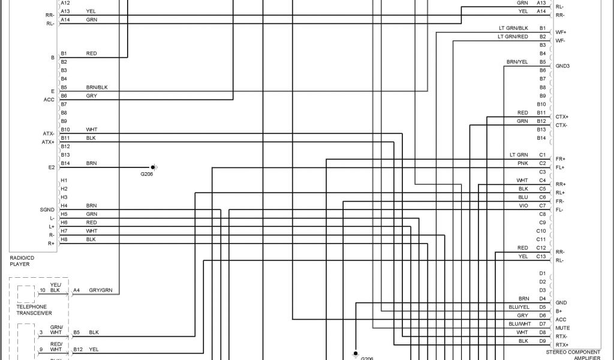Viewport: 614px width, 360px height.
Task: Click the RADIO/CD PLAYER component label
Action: [x=23, y=261]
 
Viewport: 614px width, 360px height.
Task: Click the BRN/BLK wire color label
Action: [x=97, y=88]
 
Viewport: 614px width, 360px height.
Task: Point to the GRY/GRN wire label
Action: [x=100, y=291]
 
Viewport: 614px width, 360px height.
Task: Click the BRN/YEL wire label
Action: [x=517, y=62]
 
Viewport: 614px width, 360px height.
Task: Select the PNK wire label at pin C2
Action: [x=523, y=163]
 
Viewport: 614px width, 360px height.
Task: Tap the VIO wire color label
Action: [x=523, y=205]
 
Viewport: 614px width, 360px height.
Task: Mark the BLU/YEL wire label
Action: [x=519, y=307]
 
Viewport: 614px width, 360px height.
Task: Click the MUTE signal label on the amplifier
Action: [x=562, y=328]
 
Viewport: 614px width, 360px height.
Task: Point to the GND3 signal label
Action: [x=562, y=65]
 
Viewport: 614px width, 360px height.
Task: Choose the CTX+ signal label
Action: [x=562, y=116]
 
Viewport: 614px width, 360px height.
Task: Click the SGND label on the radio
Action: [x=47, y=209]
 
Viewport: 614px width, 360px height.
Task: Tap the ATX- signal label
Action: [x=48, y=133]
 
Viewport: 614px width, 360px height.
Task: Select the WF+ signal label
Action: [x=561, y=32]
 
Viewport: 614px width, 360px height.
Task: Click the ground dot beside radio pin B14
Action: [x=152, y=167]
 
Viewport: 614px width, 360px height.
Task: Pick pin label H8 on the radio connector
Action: [x=64, y=239]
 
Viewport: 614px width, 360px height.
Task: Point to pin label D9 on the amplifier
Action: [x=542, y=341]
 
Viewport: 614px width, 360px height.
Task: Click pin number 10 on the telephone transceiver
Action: [x=42, y=291]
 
